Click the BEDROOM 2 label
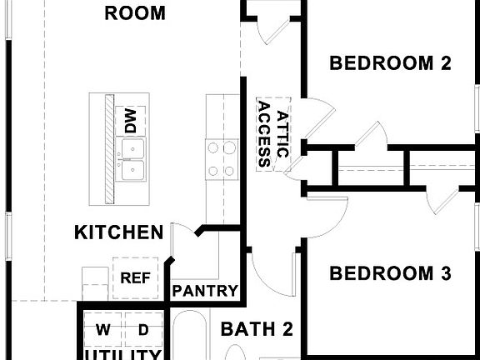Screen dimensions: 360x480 [390, 63]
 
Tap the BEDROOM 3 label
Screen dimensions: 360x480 [390, 273]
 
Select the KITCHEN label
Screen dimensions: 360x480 [118, 232]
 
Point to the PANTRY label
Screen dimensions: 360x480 [205, 292]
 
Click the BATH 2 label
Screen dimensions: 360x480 [257, 330]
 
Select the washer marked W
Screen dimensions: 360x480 [102, 331]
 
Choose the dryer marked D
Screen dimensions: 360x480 [143, 331]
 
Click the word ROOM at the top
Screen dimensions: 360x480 [134, 13]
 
